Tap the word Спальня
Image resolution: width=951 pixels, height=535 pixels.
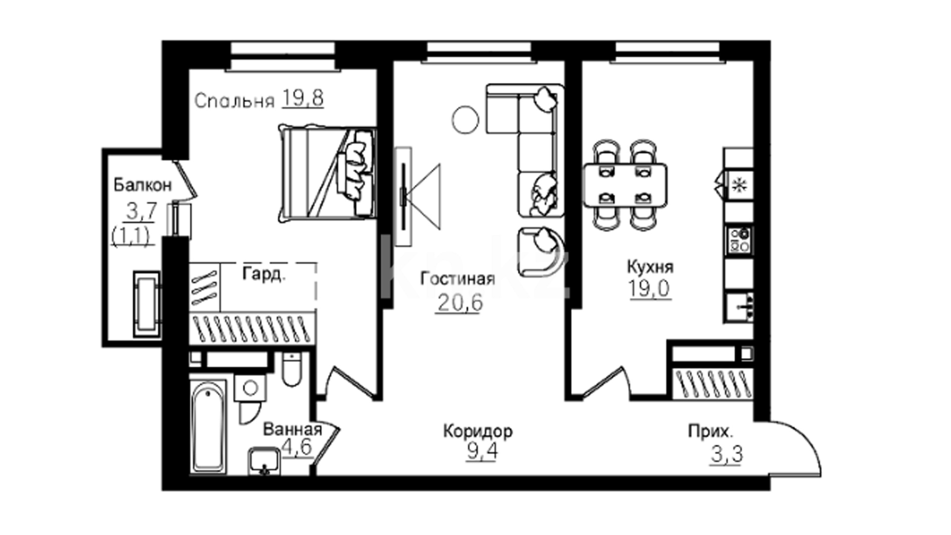tap(234, 101)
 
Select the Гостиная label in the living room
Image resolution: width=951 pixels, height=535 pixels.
tap(458, 279)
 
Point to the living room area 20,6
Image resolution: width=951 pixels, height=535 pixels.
tap(459, 303)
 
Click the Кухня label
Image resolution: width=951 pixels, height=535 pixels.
tap(650, 267)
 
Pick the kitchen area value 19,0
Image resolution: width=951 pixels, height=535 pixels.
tap(650, 289)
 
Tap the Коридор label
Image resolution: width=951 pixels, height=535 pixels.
tap(477, 431)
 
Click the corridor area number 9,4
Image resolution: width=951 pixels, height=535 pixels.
tap(482, 452)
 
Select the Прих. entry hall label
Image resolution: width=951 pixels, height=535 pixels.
tap(710, 432)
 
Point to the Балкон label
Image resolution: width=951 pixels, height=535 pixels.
tap(143, 185)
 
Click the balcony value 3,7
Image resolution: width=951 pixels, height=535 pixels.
tap(142, 212)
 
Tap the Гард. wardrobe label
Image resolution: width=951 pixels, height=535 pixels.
tap(264, 274)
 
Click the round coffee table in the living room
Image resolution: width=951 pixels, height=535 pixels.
tap(466, 120)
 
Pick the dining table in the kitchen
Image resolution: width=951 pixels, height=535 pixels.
tap(625, 185)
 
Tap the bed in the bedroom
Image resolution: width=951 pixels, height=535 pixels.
tap(327, 173)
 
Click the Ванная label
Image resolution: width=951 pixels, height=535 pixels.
tap(292, 429)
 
